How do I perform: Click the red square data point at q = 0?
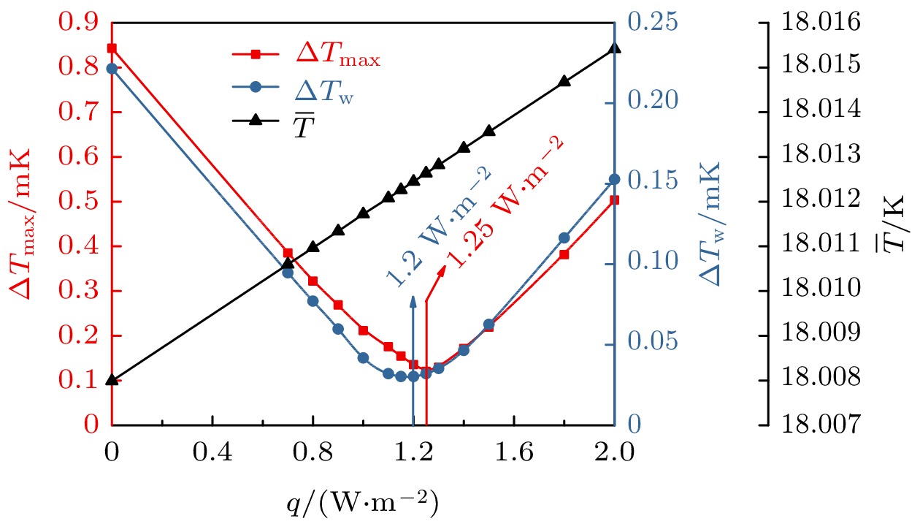(112, 48)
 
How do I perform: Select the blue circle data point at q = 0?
(112, 69)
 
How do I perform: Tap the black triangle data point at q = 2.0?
(614, 49)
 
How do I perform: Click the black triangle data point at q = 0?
(112, 379)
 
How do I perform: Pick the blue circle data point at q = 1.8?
(564, 238)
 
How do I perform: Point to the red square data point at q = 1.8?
(564, 254)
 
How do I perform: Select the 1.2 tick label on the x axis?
(413, 454)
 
